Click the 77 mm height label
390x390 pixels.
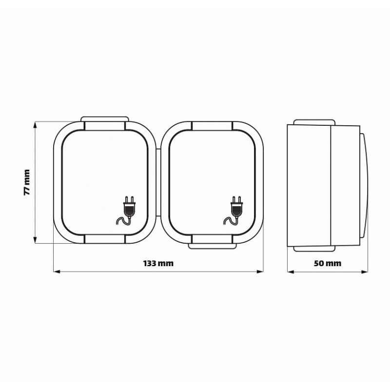27,182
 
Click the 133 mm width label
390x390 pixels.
158,263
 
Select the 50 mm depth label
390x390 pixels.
327,263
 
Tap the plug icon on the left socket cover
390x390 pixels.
126,211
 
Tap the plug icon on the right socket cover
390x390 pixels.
234,211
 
